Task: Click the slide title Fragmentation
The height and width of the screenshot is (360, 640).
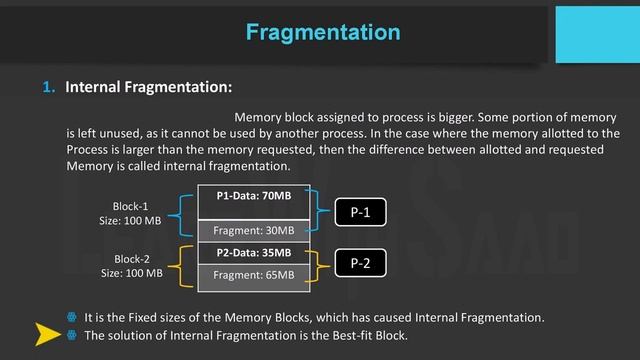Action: pyautogui.click(x=323, y=32)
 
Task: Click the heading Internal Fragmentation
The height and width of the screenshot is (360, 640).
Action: pyautogui.click(x=149, y=87)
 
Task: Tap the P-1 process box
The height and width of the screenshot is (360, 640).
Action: pyautogui.click(x=361, y=212)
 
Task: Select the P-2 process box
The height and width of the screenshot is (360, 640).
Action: pyautogui.click(x=361, y=263)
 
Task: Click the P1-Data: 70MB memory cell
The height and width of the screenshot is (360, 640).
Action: pyautogui.click(x=254, y=197)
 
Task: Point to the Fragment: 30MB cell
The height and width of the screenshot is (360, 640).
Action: pyautogui.click(x=254, y=231)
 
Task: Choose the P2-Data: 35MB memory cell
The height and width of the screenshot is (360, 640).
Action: pyautogui.click(x=254, y=253)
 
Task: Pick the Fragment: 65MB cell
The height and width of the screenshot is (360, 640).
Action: pyautogui.click(x=254, y=274)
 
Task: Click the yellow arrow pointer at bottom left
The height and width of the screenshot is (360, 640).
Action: pyautogui.click(x=47, y=334)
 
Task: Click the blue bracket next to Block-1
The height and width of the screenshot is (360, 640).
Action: pyautogui.click(x=183, y=213)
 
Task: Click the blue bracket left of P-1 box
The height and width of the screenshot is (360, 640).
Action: pyautogui.click(x=321, y=212)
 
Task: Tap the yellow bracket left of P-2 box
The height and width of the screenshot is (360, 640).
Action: pyautogui.click(x=321, y=264)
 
